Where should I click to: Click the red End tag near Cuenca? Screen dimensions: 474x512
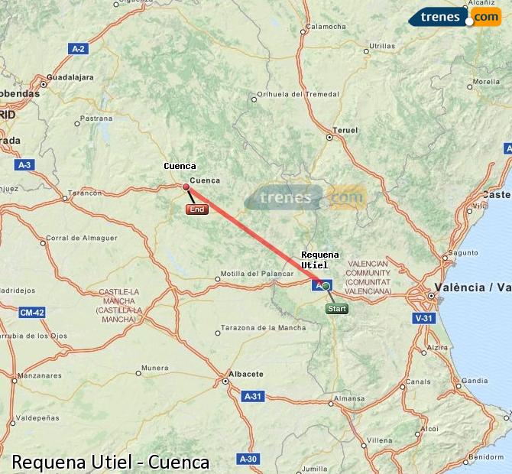click(x=196, y=209)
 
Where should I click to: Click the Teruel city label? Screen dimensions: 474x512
click(x=346, y=131)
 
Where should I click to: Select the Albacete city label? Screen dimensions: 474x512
click(x=246, y=374)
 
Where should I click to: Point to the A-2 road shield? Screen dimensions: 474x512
click(x=78, y=49)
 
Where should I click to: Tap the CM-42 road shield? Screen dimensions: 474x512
click(x=31, y=312)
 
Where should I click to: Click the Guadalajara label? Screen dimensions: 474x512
click(x=70, y=77)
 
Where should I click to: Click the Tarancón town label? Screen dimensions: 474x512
click(x=85, y=193)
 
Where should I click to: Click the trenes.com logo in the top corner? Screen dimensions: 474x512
click(x=454, y=16)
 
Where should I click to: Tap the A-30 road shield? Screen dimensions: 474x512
click(x=247, y=459)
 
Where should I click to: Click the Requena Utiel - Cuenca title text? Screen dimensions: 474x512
click(x=111, y=462)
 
